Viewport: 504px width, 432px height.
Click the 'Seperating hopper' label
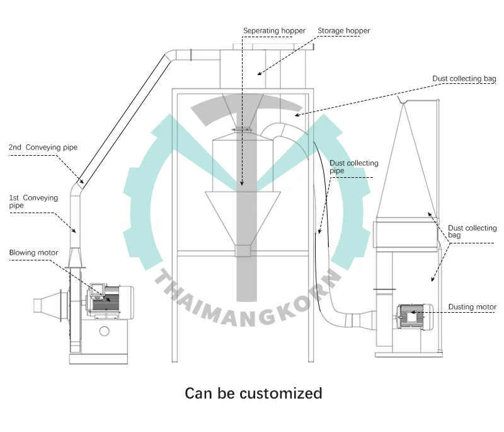pos(274,30)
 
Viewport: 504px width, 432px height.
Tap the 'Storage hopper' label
pos(343,30)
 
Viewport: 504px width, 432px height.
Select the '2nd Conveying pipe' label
pos(43,148)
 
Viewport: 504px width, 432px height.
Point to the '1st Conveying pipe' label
pos(33,201)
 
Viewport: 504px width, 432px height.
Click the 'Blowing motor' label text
pos(33,253)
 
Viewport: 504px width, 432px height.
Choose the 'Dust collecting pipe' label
pos(353,167)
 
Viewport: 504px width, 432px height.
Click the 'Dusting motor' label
pos(472,307)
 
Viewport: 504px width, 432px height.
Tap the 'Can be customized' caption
pos(253,394)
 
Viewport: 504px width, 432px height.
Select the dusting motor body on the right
pos(413,315)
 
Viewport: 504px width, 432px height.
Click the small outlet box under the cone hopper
pos(243,251)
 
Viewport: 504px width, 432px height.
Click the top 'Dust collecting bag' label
pos(464,79)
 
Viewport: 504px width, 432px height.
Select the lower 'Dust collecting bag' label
pos(472,231)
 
